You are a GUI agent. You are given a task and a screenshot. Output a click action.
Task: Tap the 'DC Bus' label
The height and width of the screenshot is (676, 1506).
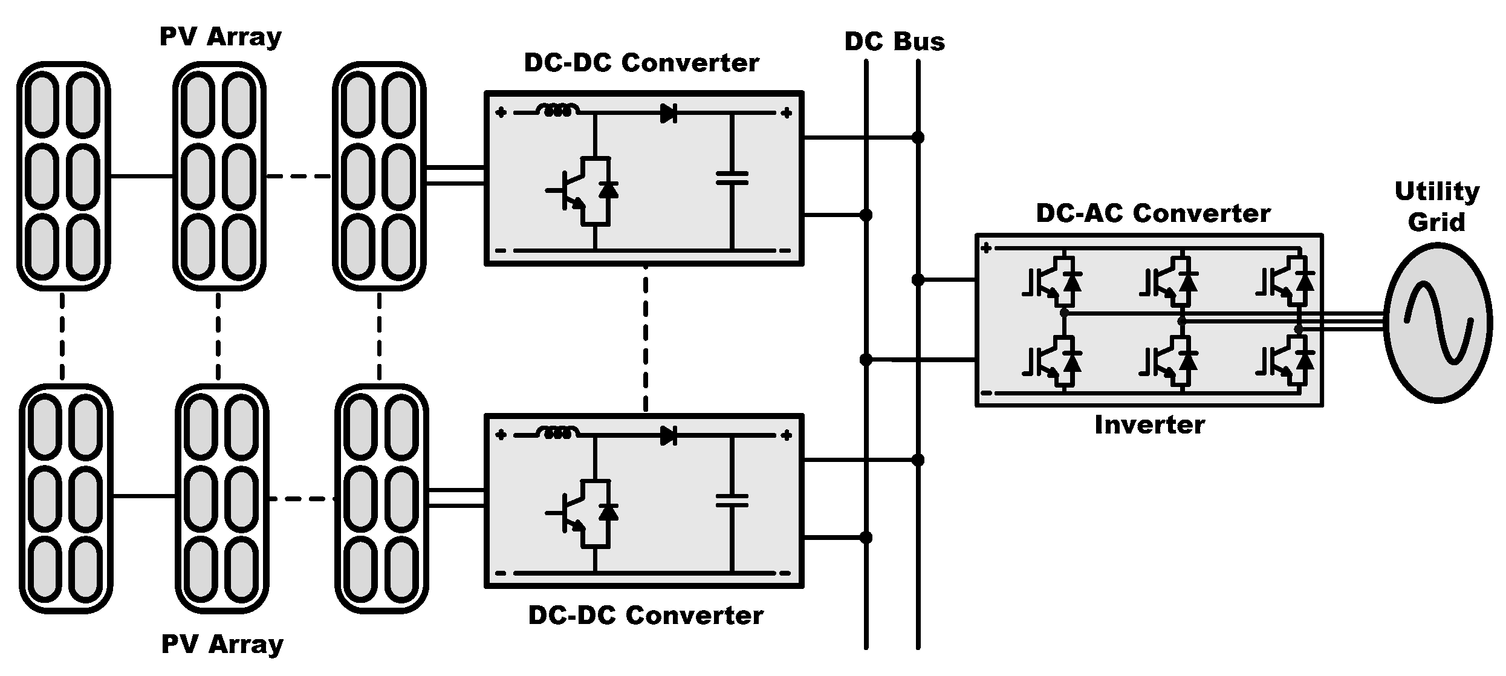(894, 42)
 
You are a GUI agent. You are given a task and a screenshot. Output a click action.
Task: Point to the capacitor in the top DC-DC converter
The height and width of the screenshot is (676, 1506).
(732, 178)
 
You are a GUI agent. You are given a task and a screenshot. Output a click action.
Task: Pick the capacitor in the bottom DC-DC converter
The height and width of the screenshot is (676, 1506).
(732, 501)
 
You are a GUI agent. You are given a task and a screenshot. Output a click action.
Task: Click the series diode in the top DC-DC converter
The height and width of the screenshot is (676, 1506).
(668, 113)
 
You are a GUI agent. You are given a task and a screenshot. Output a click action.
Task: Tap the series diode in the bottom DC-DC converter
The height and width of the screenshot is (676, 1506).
(668, 435)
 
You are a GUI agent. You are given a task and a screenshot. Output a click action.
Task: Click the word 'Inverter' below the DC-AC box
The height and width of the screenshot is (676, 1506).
(1149, 425)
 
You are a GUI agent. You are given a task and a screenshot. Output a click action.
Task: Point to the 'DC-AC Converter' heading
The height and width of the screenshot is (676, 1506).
(1153, 213)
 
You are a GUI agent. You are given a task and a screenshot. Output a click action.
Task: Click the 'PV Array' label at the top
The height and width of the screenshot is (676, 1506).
(220, 37)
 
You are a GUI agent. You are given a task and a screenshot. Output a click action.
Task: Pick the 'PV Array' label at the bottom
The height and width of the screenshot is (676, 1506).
(222, 645)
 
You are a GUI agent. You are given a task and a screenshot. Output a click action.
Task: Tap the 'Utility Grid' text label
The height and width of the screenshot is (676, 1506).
(1436, 207)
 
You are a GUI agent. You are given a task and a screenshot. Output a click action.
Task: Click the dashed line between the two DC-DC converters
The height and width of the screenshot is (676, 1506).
(646, 339)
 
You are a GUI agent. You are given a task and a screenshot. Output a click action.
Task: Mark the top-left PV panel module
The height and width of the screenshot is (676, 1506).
(63, 176)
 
